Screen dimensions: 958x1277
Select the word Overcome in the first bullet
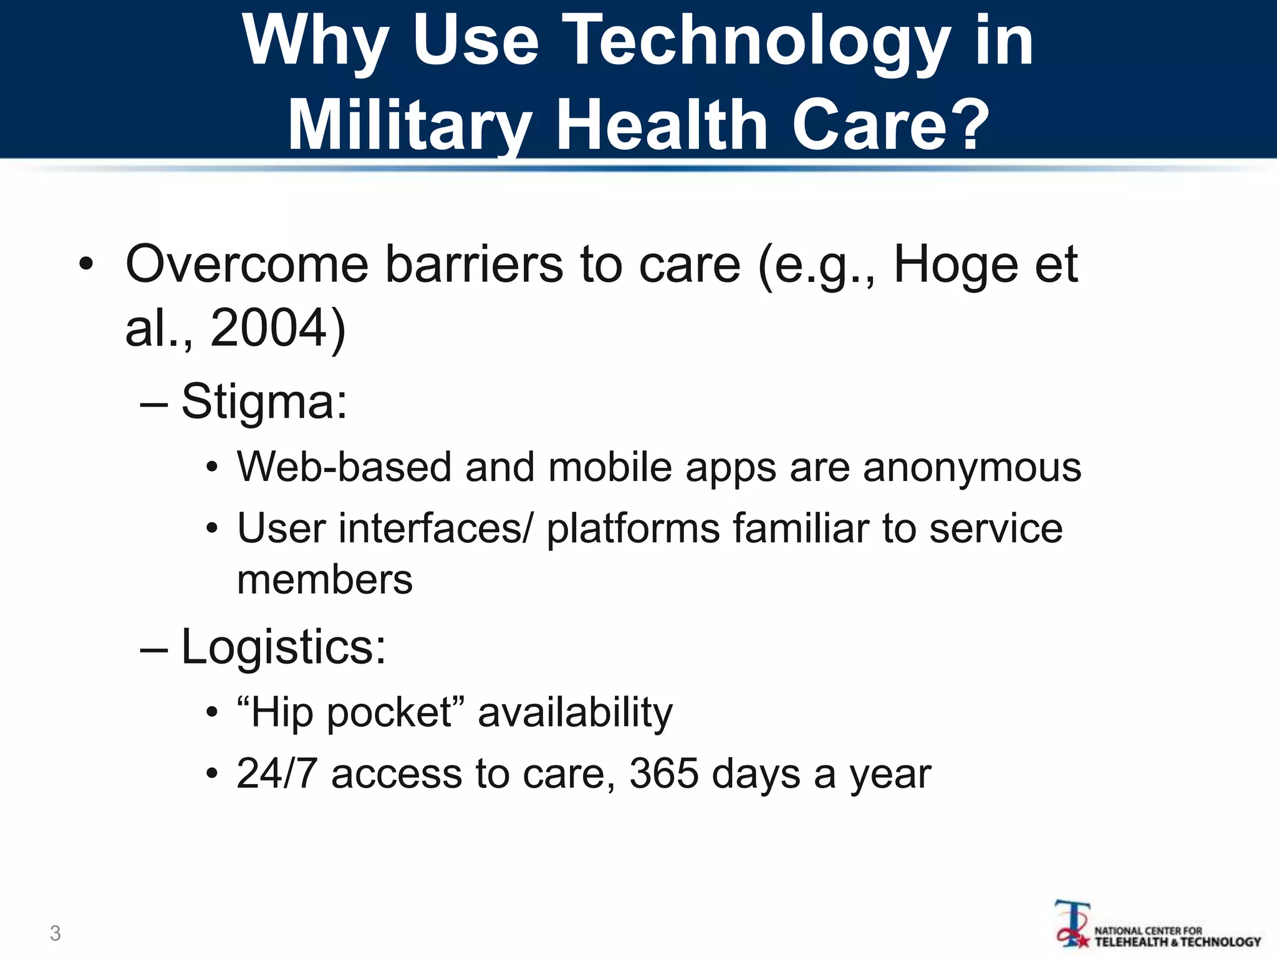click(x=247, y=264)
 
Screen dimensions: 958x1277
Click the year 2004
click(x=269, y=328)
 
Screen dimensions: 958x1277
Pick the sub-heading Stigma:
click(x=264, y=401)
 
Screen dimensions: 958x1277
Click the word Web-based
click(x=344, y=467)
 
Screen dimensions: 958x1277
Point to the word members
click(x=325, y=579)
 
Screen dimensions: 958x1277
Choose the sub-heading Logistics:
click(x=283, y=647)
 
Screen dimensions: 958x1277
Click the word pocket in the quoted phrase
click(x=390, y=712)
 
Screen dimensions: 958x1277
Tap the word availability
click(x=575, y=712)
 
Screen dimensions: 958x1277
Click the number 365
click(x=664, y=774)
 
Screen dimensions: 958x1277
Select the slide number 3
click(x=55, y=933)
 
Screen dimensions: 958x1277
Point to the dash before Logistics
click(x=154, y=649)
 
